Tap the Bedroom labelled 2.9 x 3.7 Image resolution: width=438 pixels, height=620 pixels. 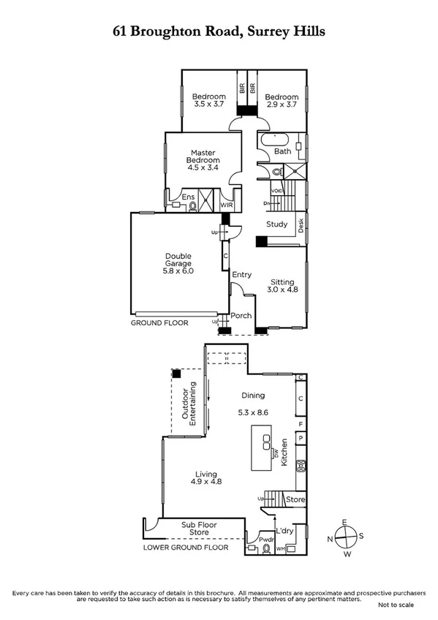coord(282,102)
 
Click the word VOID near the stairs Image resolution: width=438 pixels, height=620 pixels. coord(276,191)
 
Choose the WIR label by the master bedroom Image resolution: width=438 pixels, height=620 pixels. coord(227,205)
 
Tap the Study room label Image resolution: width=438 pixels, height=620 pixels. coord(276,224)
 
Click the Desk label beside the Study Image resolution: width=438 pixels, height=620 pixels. coord(301,226)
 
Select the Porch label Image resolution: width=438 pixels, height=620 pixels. coord(241,316)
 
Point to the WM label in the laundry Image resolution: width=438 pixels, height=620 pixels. coord(280,548)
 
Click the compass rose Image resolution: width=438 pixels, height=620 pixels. coord(345,539)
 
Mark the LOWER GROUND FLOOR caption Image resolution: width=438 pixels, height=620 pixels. coord(185,547)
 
